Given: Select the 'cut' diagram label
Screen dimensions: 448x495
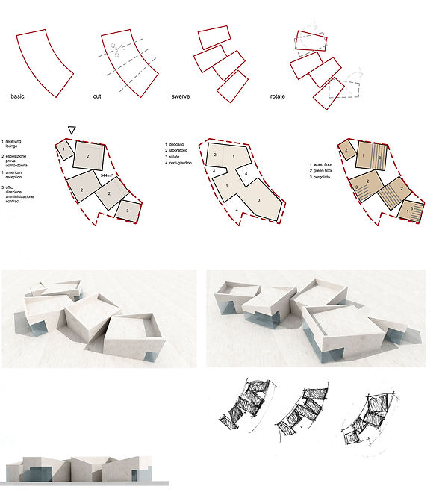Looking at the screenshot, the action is click(108, 97).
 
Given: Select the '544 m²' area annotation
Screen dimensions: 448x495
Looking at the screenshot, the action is click(108, 174).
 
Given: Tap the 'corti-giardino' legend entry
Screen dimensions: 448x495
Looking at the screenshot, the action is click(185, 161).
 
